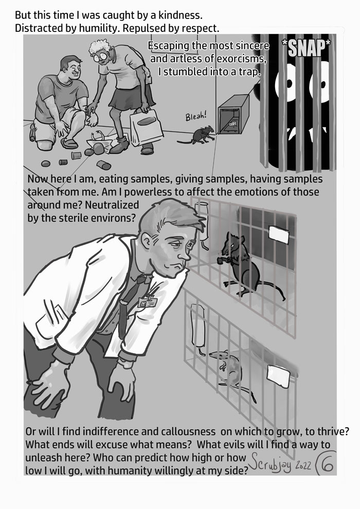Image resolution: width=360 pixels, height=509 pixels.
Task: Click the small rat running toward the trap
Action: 197,135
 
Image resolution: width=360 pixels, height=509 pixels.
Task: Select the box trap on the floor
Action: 233,114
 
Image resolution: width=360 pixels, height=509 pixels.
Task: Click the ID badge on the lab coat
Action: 147,302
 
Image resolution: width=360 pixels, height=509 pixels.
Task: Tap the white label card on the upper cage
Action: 279,234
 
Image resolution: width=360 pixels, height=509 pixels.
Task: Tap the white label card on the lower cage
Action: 278,375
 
